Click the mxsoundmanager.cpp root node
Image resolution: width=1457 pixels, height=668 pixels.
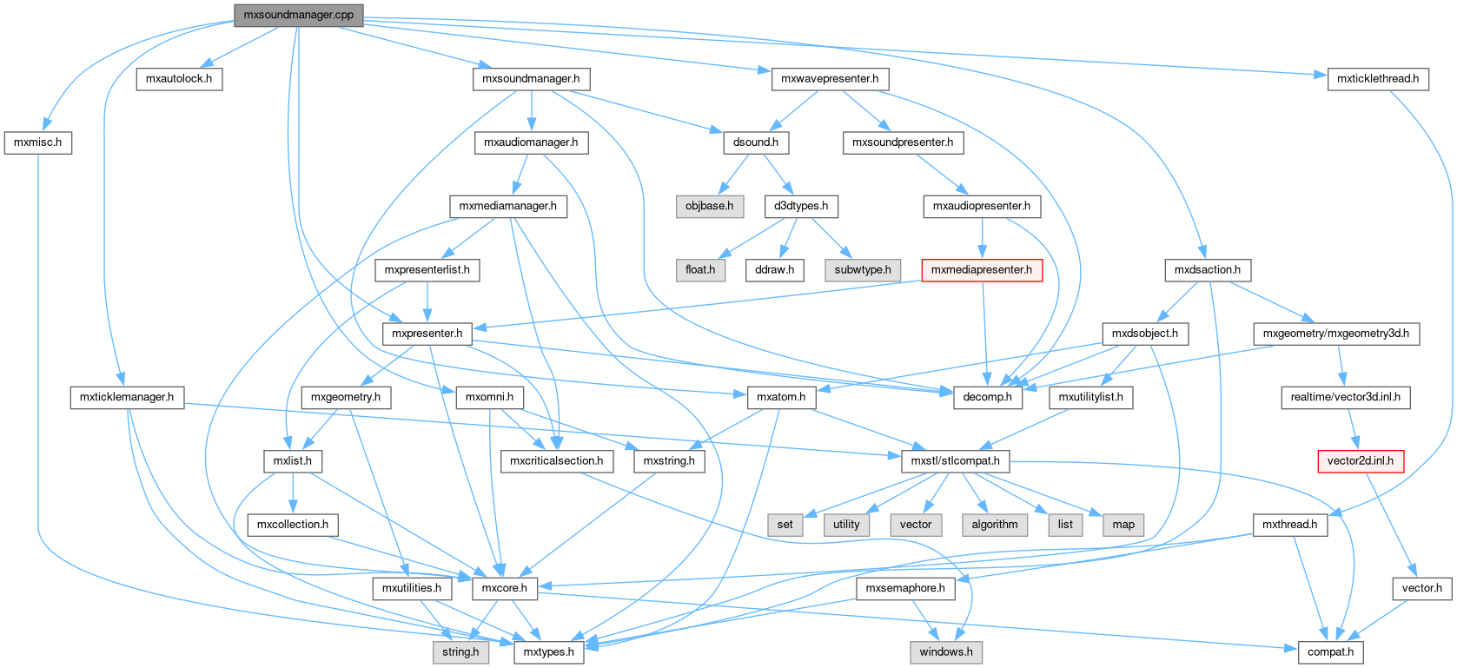click(x=298, y=15)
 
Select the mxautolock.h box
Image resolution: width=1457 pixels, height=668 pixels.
click(x=179, y=79)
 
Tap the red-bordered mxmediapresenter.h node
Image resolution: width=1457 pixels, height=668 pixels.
click(x=982, y=270)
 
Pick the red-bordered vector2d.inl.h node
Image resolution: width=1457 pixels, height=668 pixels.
click(x=1360, y=461)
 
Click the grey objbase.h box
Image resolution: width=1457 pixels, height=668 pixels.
click(x=709, y=207)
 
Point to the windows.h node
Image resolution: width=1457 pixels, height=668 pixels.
click(x=946, y=651)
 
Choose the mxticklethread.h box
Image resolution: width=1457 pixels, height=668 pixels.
click(x=1377, y=79)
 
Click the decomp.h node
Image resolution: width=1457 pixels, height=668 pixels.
click(x=988, y=397)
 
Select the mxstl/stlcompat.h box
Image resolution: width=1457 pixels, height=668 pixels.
click(x=955, y=461)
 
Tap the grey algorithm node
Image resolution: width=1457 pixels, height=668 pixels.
click(x=995, y=525)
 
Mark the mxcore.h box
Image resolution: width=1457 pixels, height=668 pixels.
click(x=505, y=588)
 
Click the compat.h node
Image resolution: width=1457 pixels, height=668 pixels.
click(x=1330, y=651)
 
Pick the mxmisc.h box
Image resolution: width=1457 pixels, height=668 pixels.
click(x=37, y=142)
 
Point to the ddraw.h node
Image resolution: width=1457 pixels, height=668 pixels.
click(x=774, y=270)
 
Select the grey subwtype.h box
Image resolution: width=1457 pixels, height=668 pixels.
click(x=863, y=270)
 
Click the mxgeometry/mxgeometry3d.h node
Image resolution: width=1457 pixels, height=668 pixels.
click(x=1335, y=334)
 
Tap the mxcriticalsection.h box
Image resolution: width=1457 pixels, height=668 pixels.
click(x=556, y=461)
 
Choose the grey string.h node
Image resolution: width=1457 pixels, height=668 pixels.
click(x=460, y=651)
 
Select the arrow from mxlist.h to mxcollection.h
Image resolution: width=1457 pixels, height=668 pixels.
click(x=293, y=493)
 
